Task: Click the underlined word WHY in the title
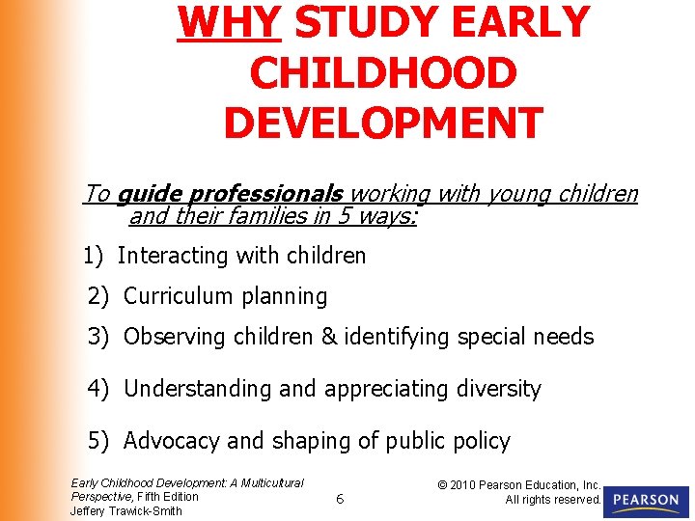pos(229,23)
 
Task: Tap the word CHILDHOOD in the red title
pos(382,74)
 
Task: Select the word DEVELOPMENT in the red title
pos(383,123)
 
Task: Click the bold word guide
pos(143,194)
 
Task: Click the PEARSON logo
pos(646,500)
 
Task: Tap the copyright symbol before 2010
pos(442,485)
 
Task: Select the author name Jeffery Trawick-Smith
pos(126,511)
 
